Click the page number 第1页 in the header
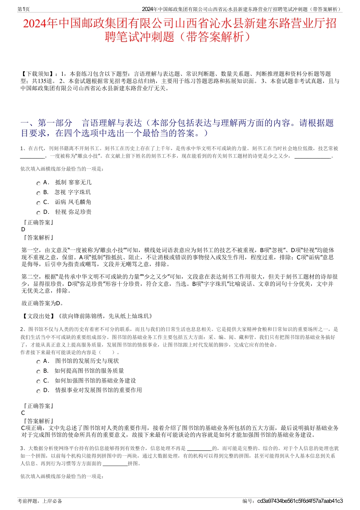24,9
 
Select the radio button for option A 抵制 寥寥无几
38,183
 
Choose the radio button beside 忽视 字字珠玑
38,193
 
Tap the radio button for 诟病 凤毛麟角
38,203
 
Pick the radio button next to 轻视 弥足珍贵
38,213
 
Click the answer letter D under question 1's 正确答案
23,229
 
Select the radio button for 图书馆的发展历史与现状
38,362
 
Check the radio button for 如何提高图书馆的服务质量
38,372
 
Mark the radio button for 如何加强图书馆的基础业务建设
38,381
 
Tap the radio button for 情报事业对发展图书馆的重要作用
38,391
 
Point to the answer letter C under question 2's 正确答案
23,413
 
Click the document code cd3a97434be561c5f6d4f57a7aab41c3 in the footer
300,501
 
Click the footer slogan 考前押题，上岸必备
40,501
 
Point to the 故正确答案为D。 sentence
42,303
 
